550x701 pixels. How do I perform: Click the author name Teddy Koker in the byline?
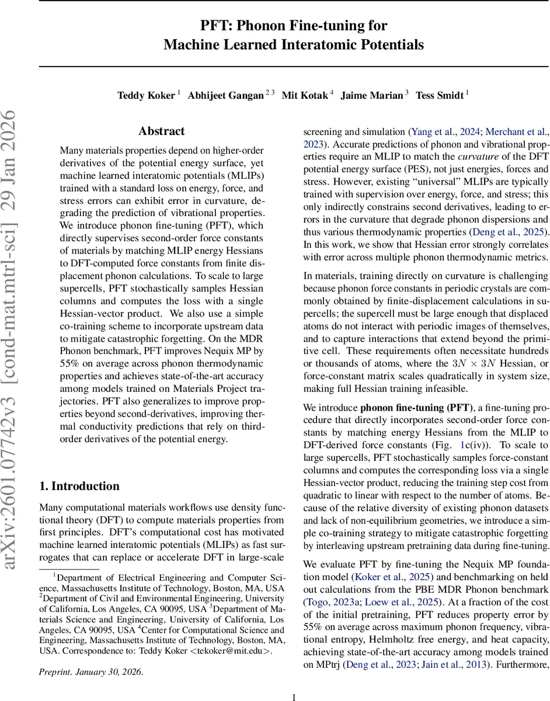pyautogui.click(x=146, y=95)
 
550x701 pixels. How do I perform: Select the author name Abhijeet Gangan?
pyautogui.click(x=225, y=95)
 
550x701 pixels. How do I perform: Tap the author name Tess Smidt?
pyautogui.click(x=440, y=95)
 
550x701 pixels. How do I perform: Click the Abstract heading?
pyautogui.click(x=161, y=131)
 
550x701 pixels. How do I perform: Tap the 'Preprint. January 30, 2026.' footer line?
pyautogui.click(x=90, y=672)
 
